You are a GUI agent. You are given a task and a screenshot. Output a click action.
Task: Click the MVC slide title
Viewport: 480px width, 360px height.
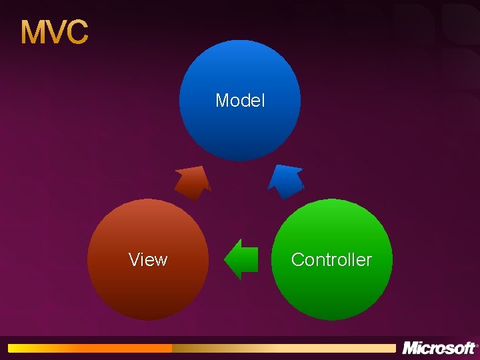click(x=54, y=32)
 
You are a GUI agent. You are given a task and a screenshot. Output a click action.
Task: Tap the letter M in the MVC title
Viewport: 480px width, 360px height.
click(x=33, y=33)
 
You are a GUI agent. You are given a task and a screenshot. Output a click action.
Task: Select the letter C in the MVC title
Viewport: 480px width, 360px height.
click(x=77, y=33)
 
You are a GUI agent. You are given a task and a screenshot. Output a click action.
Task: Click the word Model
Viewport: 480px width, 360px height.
click(x=240, y=101)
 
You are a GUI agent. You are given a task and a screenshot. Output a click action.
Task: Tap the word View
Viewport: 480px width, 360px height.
click(x=148, y=260)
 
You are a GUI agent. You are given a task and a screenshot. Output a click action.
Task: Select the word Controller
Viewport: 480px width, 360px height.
click(x=331, y=260)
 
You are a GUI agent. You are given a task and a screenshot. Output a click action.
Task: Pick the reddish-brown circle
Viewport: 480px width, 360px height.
click(x=148, y=287)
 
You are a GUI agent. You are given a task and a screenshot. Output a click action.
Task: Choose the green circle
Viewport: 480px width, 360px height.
click(x=331, y=293)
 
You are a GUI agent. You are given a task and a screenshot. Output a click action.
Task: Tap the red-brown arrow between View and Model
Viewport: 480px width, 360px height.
click(x=193, y=181)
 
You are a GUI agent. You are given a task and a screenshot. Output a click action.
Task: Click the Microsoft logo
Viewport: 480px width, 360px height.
click(x=439, y=348)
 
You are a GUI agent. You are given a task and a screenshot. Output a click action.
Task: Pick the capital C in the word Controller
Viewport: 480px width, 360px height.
click(x=297, y=260)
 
